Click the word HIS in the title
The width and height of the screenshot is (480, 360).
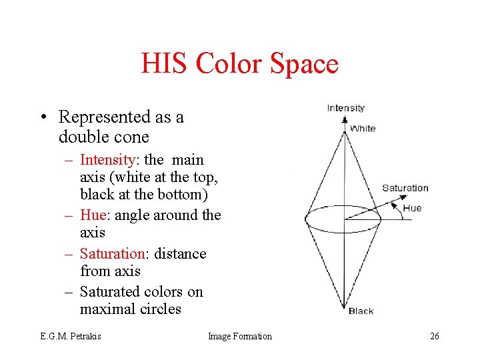(163, 64)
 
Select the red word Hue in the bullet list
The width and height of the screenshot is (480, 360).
(93, 215)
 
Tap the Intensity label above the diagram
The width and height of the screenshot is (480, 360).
(345, 108)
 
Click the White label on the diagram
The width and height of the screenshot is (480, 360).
(363, 128)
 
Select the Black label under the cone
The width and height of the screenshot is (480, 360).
(361, 311)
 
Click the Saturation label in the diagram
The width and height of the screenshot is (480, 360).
(405, 188)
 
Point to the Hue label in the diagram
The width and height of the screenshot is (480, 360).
(412, 208)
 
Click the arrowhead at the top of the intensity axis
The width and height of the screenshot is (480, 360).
(345, 121)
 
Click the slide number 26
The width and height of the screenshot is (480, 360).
(434, 337)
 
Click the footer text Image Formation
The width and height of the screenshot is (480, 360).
(240, 337)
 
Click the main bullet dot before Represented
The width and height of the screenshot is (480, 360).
(42, 118)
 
